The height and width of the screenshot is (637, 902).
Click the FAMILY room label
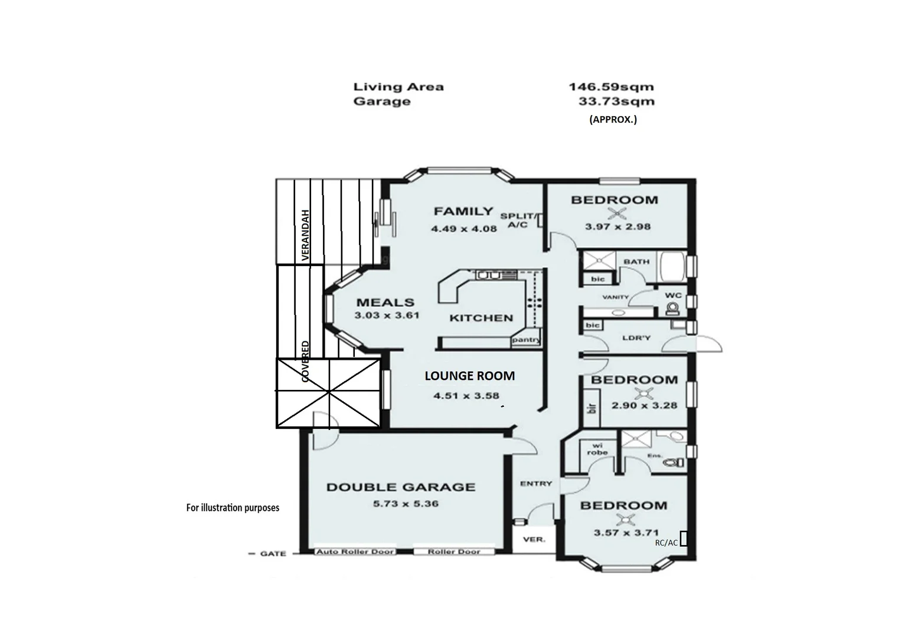click(x=463, y=211)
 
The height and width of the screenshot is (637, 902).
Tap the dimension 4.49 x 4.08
click(x=463, y=228)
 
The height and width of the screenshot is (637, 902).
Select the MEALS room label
click(x=385, y=302)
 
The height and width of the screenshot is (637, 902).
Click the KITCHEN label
click(x=481, y=318)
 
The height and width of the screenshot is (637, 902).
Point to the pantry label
click(x=525, y=340)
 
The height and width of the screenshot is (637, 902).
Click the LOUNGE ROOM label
click(x=469, y=376)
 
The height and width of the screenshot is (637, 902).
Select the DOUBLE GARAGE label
click(x=401, y=487)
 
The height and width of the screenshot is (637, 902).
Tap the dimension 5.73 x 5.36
click(x=405, y=504)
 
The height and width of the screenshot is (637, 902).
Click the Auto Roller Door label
click(x=355, y=551)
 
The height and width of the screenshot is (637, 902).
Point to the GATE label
click(x=273, y=554)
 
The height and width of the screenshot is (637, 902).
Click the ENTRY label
click(x=536, y=484)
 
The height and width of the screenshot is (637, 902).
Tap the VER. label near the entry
click(x=534, y=539)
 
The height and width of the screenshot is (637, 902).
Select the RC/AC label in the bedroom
click(x=666, y=543)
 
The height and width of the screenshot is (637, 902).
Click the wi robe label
click(x=597, y=449)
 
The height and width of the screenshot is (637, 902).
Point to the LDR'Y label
click(x=636, y=338)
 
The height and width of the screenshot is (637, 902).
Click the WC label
click(x=673, y=295)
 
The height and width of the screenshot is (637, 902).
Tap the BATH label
click(x=636, y=261)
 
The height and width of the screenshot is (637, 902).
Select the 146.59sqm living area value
click(x=611, y=87)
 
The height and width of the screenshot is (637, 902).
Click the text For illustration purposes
click(x=233, y=507)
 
